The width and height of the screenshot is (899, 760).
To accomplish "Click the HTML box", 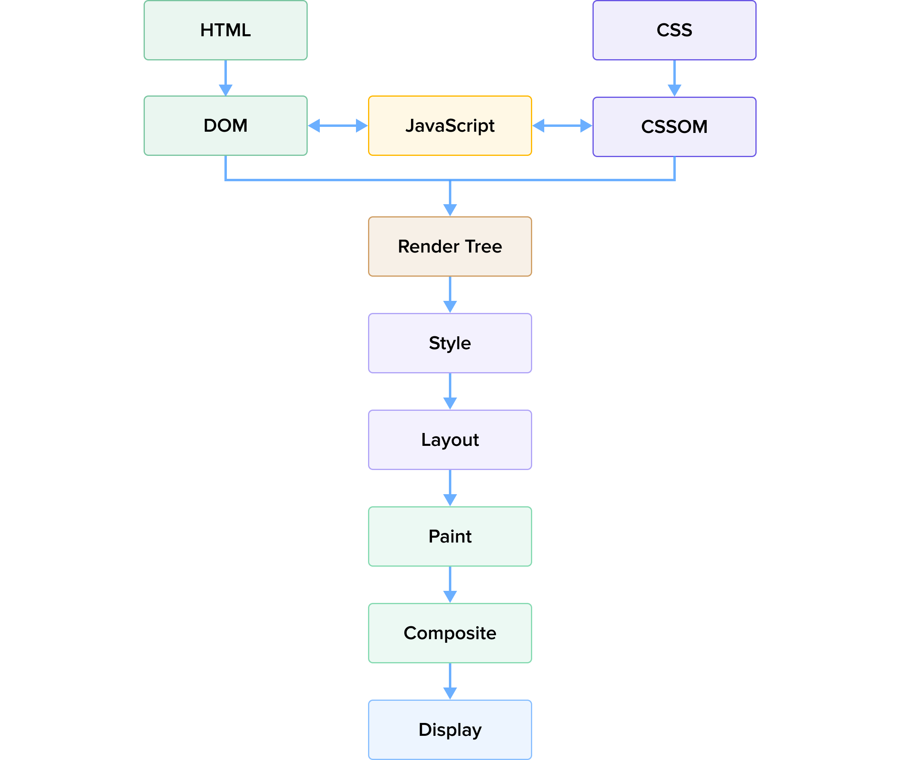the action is pos(226,30).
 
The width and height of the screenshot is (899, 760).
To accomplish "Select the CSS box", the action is pos(675,30).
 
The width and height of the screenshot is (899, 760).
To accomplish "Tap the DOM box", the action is pos(226,126).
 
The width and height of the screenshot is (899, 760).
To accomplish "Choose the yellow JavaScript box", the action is pos(450,126).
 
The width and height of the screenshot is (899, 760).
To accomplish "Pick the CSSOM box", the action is pos(675,126).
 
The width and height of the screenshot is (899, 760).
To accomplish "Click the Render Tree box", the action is pos(450,246).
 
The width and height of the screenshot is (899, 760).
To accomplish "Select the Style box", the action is pos(450,343).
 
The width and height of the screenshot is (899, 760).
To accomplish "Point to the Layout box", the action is pos(450,440).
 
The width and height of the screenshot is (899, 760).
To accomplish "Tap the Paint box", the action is pos(450,536).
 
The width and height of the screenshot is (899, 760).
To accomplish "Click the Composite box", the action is pos(450,633).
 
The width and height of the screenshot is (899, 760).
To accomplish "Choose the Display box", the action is pos(450,730).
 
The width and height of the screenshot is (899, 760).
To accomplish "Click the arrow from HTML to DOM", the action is pos(226,78).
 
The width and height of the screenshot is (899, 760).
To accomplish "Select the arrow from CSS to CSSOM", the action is pos(675,79).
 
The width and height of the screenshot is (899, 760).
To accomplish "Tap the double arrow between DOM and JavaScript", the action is pos(338,126).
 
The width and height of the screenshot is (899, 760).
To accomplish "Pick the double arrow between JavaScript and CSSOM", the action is pos(562,126).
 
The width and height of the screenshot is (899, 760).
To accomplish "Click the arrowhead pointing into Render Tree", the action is pos(450,210).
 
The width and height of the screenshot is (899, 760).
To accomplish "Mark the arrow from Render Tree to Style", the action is pos(450,295).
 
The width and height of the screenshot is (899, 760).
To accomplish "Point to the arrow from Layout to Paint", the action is pos(450,488).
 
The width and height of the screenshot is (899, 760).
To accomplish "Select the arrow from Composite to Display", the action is pos(450,681).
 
